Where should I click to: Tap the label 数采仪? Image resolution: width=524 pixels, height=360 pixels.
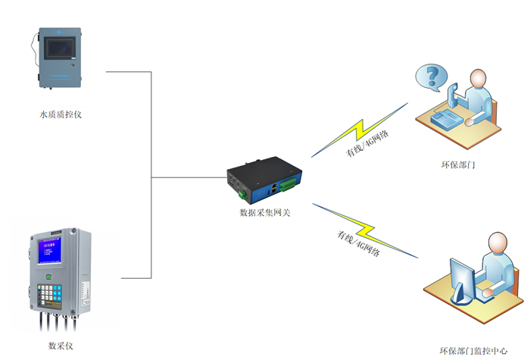(61, 346)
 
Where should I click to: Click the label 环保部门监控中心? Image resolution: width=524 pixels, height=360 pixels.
(473, 351)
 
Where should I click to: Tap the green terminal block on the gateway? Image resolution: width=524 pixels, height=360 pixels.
(288, 184)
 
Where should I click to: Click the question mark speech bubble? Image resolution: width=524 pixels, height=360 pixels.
(432, 77)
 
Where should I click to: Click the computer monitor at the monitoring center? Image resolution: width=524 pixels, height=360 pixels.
(462, 277)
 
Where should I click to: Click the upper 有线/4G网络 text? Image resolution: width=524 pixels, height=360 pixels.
(368, 142)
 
